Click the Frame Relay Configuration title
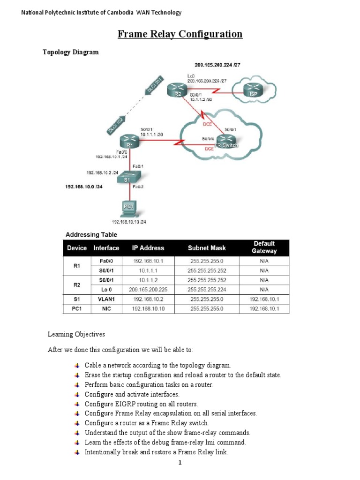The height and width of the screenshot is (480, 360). point(180,34)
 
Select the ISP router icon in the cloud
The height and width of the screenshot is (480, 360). point(252,90)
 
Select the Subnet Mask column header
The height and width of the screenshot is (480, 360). point(206,247)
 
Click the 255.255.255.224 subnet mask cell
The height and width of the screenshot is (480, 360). point(206,290)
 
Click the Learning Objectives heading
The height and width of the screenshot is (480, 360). point(76,335)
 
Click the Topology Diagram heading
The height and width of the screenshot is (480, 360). point(71,52)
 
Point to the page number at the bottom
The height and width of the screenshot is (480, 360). point(180,463)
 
